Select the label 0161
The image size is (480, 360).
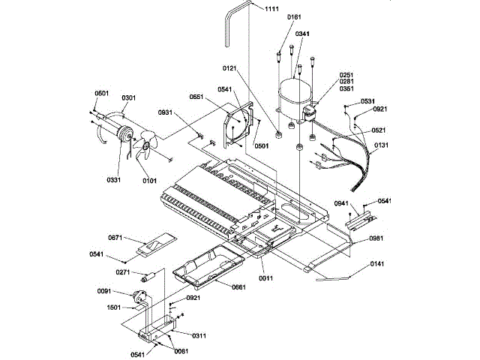click(x=294, y=16)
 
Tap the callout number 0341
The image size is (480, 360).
click(x=301, y=34)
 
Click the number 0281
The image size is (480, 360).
click(x=346, y=81)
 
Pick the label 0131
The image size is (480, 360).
click(x=382, y=145)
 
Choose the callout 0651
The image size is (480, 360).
click(x=197, y=97)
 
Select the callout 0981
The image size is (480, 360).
click(x=376, y=238)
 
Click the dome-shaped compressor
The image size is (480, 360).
click(x=295, y=94)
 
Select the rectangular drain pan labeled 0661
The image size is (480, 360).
click(x=205, y=267)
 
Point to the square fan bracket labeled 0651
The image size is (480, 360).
click(x=241, y=124)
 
